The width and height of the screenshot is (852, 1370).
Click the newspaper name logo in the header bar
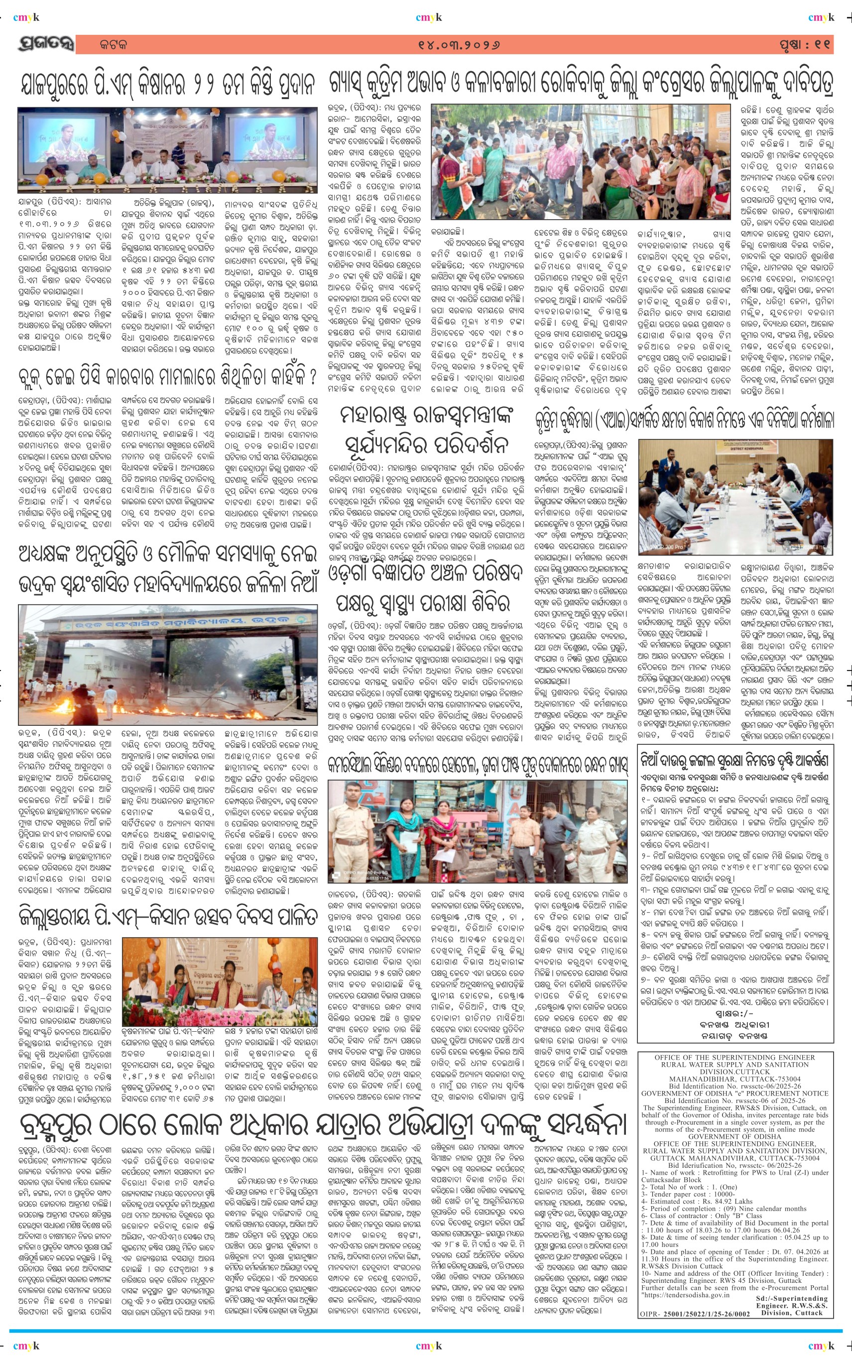[45, 44]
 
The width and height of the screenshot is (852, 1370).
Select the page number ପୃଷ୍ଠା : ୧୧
[805, 44]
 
